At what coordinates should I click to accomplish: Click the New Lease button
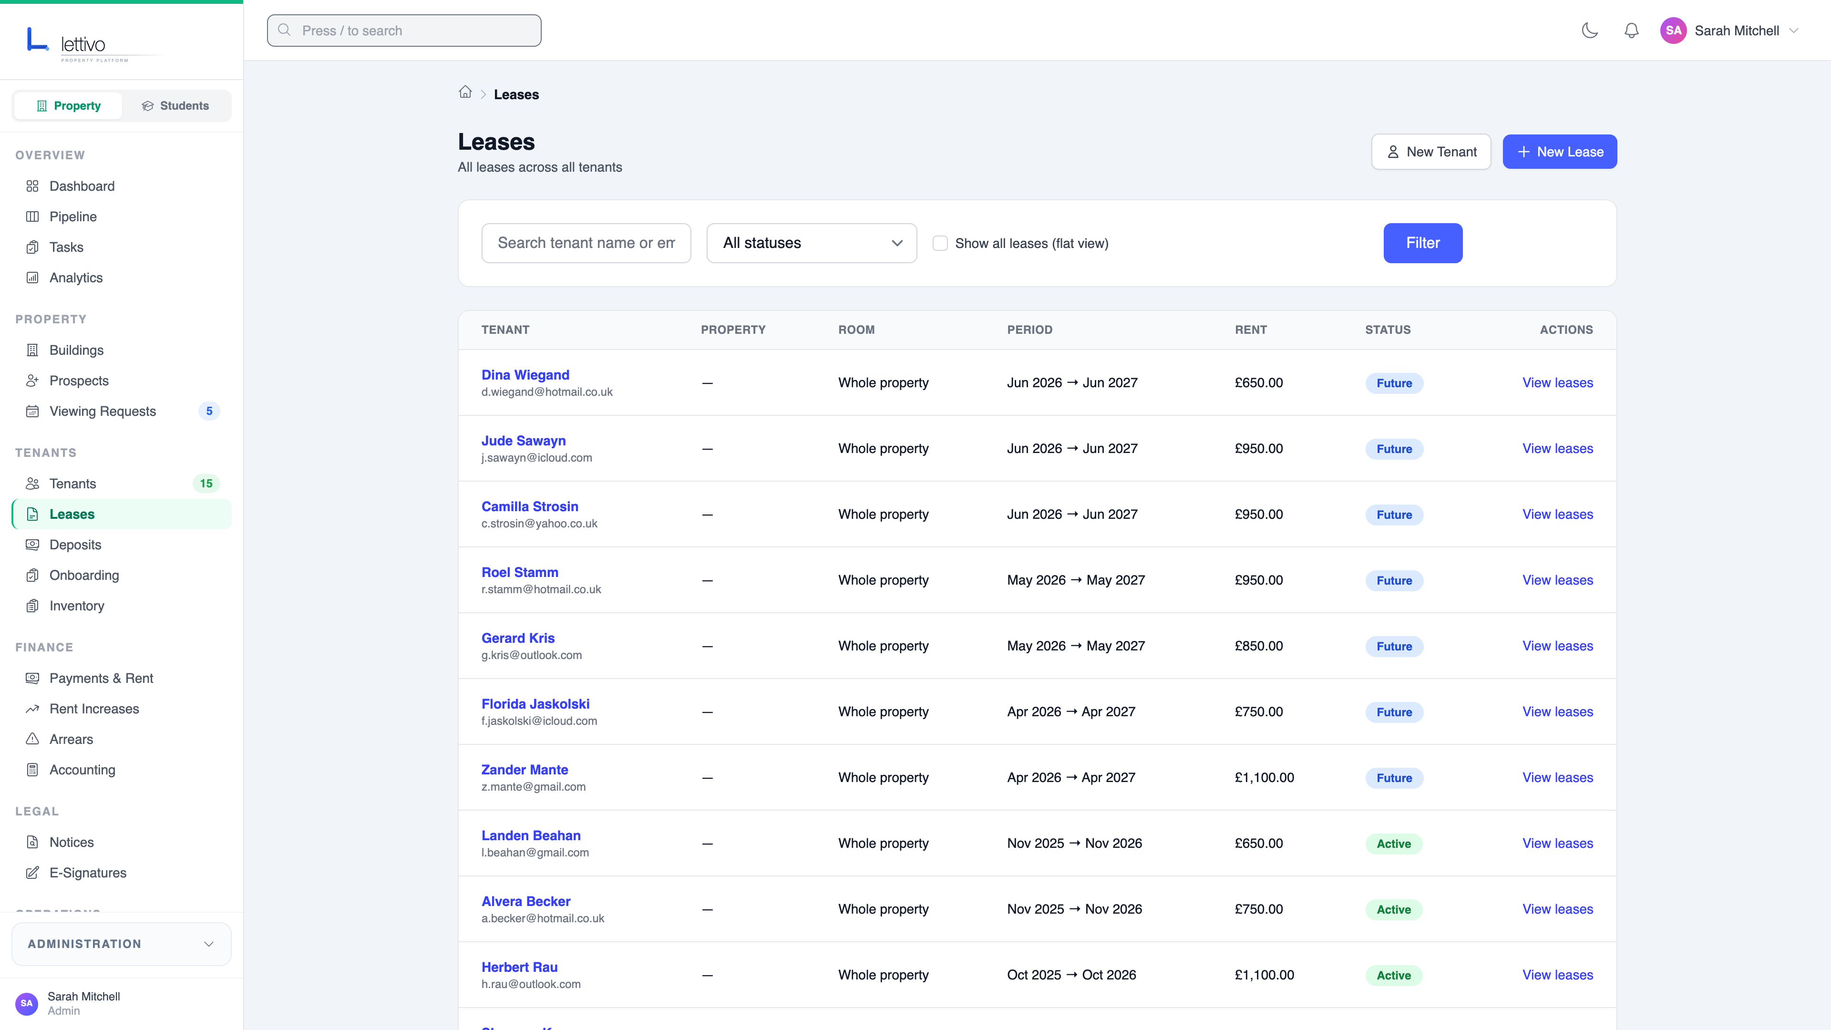[x=1560, y=152]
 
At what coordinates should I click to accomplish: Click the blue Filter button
[x=1422, y=243]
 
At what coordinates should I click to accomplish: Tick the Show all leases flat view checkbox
[x=940, y=243]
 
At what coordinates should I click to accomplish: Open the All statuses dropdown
[x=811, y=243]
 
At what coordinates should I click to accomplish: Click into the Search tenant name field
[x=586, y=243]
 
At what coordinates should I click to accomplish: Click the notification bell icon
[x=1631, y=31]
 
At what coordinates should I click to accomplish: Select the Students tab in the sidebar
[x=175, y=106]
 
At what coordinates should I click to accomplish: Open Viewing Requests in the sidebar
[x=103, y=412]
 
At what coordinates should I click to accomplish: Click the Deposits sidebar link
[x=75, y=545]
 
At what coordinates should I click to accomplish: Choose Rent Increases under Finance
[x=94, y=709]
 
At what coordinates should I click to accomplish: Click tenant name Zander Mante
[x=525, y=770]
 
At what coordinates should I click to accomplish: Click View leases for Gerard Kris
[x=1557, y=646]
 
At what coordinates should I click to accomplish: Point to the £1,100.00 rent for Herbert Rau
[x=1264, y=975]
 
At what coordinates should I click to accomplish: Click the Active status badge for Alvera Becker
[x=1393, y=910]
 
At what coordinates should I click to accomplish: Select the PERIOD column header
[x=1029, y=330]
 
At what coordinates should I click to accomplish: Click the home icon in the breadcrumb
[x=465, y=93]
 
